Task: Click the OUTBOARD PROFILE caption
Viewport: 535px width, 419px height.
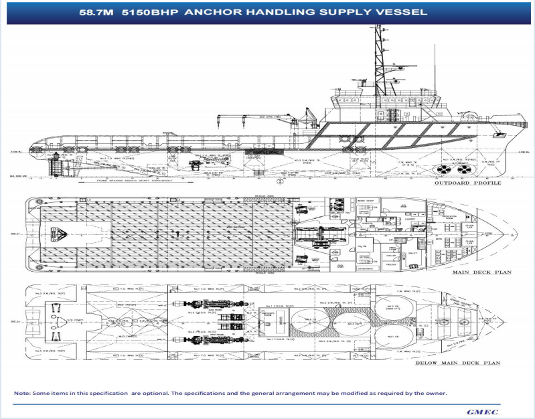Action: click(x=467, y=182)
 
